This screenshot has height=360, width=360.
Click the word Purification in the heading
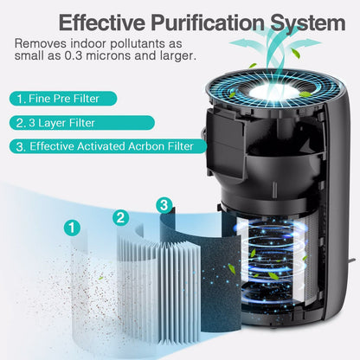(208, 22)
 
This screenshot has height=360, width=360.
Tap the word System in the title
(307, 22)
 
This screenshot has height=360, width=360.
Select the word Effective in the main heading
(102, 22)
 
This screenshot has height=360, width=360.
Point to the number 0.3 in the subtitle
(73, 55)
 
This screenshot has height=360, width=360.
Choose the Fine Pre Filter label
(63, 99)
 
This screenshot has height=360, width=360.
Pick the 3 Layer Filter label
(82, 123)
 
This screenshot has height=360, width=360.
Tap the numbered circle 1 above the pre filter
(72, 228)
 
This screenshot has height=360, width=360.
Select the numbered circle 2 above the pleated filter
(120, 217)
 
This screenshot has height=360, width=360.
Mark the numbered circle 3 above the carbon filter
(164, 205)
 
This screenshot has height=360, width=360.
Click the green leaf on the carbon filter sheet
(232, 269)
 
